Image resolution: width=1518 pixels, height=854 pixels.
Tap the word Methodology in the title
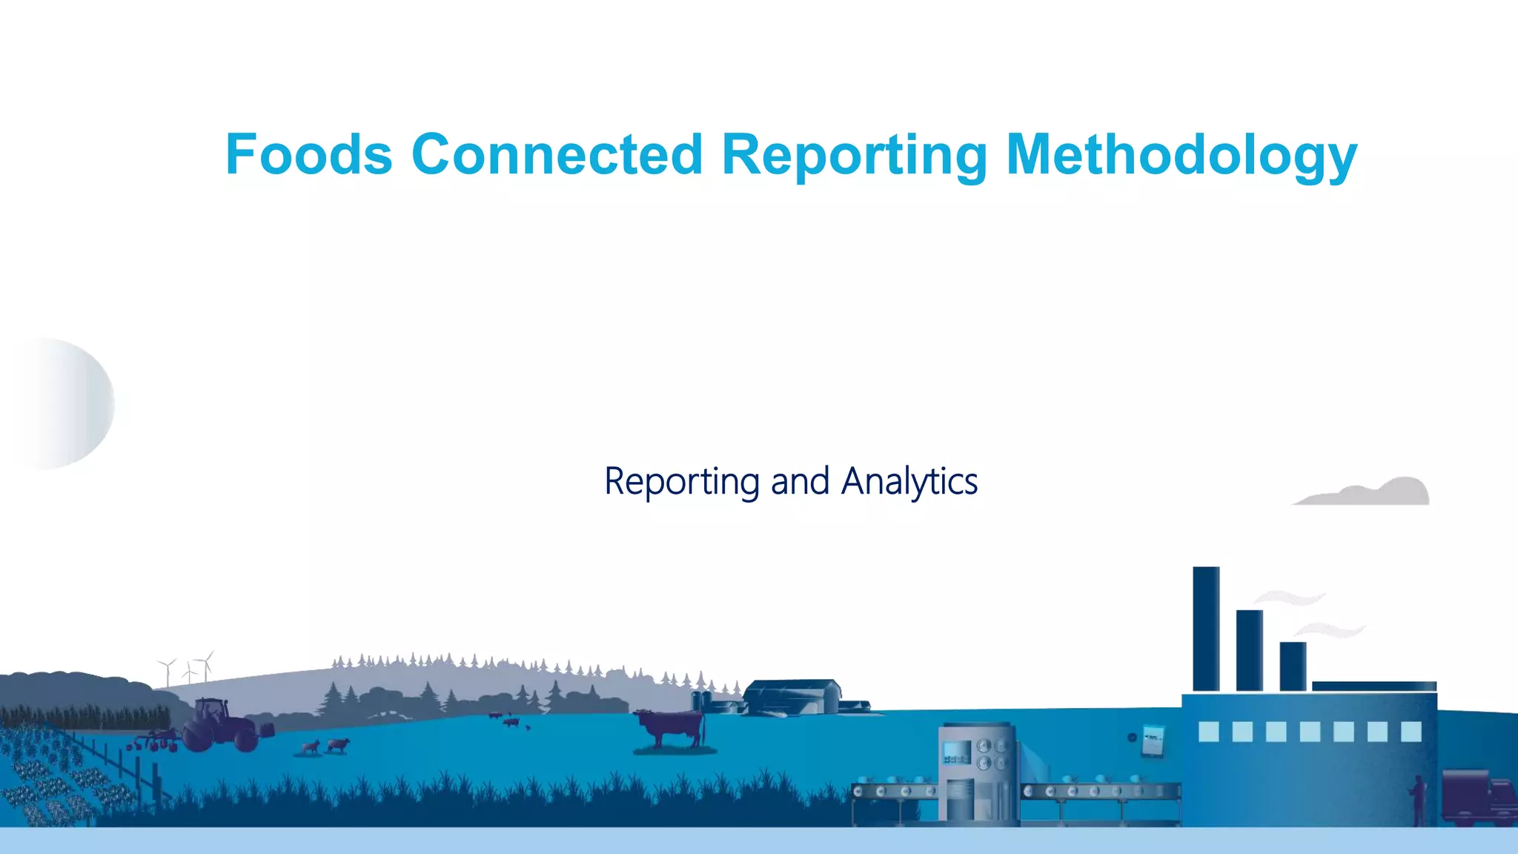pos(1181,156)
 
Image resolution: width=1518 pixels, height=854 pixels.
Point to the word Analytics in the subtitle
pos(909,482)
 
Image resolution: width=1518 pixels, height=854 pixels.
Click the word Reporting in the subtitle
pos(682,482)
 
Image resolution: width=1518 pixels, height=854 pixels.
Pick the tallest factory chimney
pos(1206,629)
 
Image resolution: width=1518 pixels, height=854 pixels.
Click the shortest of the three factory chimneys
pos(1293,666)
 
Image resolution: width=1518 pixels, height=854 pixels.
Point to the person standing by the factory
pos(1419,799)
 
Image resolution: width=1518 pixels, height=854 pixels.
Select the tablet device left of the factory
pos(1153,740)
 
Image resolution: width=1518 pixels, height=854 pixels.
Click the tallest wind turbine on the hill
pos(206,666)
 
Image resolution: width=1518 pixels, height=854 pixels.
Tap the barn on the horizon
pos(793,697)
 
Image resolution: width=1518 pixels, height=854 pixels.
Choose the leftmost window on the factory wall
pos(1208,732)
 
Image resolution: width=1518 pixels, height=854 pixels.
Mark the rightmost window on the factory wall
pos(1411,732)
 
